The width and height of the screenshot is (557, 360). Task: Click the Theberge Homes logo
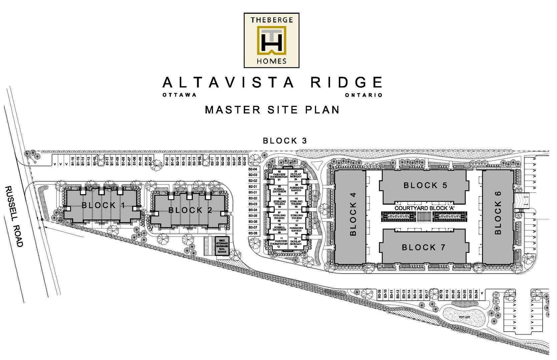coord(271,40)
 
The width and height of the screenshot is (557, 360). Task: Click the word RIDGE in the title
coord(347,82)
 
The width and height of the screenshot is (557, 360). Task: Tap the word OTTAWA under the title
coord(180,95)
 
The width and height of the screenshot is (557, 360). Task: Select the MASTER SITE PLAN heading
coord(272,110)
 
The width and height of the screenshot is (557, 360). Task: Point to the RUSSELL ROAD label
coord(14,217)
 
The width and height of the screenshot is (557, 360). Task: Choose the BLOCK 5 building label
coord(425,186)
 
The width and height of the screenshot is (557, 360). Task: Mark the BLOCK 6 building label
coord(498,213)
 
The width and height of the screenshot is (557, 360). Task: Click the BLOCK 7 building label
coord(424,248)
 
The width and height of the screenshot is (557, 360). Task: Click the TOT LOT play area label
coord(464,317)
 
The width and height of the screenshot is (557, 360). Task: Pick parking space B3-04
coord(253,210)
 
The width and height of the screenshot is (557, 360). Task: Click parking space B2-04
coord(253,169)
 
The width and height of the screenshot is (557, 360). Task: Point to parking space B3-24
coord(476,294)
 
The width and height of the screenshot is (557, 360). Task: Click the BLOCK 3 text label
coord(285,141)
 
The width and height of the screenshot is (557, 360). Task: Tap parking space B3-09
coord(379,294)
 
